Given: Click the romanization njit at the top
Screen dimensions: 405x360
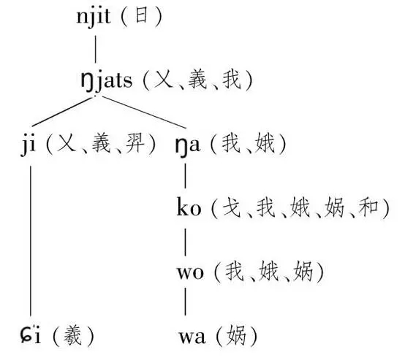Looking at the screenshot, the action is [94, 16].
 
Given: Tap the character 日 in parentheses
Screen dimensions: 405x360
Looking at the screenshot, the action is [142, 16].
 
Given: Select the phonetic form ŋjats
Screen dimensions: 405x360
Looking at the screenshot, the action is [107, 80].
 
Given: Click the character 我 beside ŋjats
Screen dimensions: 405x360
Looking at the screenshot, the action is [232, 80].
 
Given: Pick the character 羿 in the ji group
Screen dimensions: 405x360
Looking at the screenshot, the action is [135, 144].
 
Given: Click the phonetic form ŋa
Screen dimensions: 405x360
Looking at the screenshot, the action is [188, 146].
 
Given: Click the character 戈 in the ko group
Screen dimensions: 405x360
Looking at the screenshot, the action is [232, 207].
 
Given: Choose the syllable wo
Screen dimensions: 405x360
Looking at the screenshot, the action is [190, 272].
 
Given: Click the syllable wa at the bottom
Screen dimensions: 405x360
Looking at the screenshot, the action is [192, 337].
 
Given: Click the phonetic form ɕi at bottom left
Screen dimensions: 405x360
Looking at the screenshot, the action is [31, 334].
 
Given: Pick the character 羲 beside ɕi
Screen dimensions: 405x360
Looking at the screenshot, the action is [73, 335].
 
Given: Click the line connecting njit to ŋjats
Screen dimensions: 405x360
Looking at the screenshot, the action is [96, 50].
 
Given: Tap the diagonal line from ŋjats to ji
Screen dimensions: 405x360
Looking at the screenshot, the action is [62, 112].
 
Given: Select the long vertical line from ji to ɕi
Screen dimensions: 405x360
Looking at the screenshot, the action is [31, 241].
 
